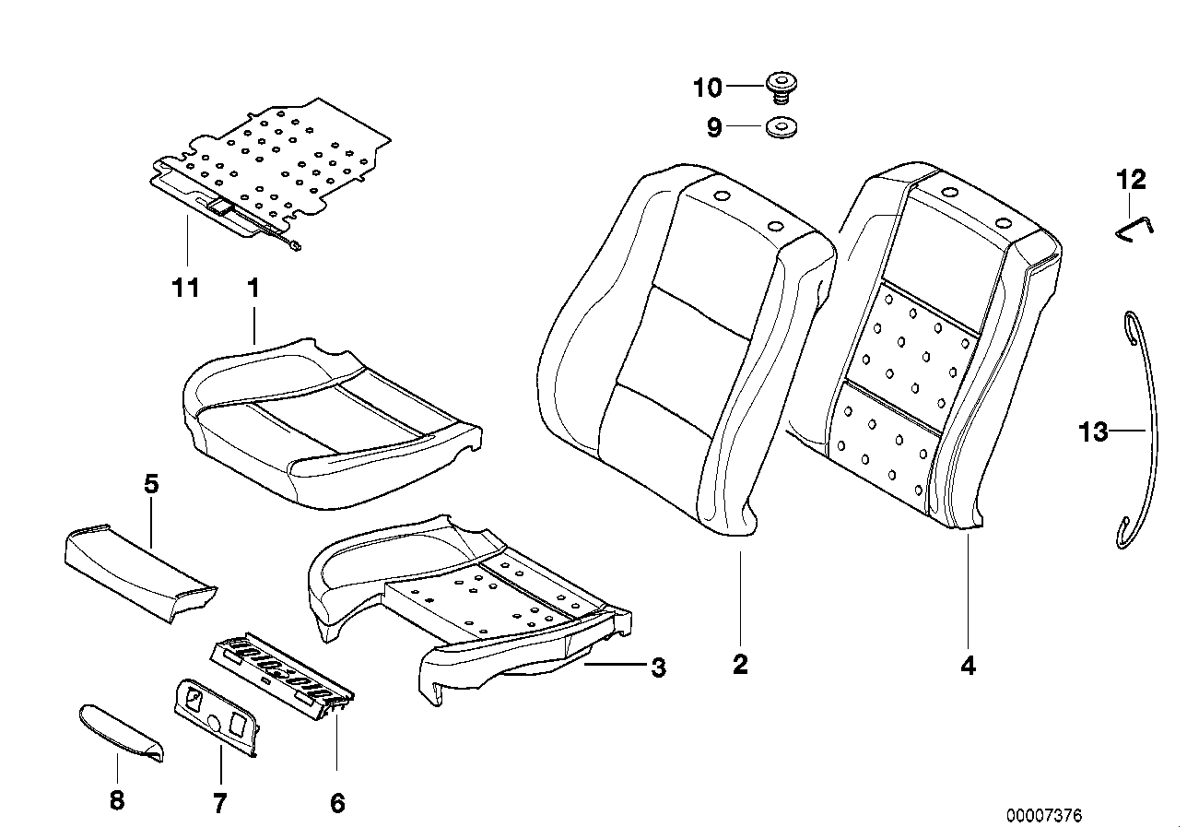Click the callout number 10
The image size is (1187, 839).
pos(708,89)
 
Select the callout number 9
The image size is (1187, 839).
pos(714,128)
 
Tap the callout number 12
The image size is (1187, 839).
pos(1132,180)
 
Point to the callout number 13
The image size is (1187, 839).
pos(1094,431)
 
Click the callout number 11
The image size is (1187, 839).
pos(185,289)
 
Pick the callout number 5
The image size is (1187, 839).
pos(151,483)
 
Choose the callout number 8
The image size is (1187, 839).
pos(116,800)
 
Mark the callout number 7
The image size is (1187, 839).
pos(219,803)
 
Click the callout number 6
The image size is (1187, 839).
pos(337,803)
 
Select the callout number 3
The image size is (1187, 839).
pos(658,668)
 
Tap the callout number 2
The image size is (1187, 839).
pos(740,664)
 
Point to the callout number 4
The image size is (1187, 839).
pos(968,665)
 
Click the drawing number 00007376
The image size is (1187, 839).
pos(1044,815)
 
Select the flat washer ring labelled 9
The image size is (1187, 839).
pos(781,128)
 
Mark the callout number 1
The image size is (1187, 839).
pos(253,289)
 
